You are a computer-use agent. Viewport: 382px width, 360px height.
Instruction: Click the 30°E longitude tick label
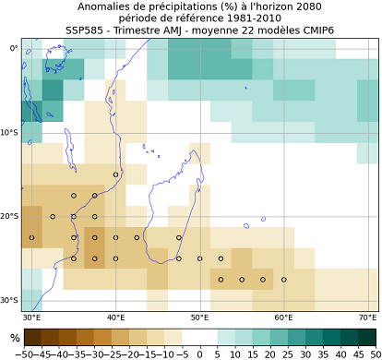pos(31,318)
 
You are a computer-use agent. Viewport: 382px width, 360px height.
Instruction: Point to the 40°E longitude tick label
pos(115,318)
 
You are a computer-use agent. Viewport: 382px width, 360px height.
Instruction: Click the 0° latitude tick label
pos(12,48)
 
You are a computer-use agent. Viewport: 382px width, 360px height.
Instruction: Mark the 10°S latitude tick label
pos(9,132)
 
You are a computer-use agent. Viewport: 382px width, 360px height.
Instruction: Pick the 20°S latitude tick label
pos(9,216)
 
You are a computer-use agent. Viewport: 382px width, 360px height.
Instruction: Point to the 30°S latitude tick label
pos(9,300)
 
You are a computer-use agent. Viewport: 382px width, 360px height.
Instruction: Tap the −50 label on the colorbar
pos(23,353)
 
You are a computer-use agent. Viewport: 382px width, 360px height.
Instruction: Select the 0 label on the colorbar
pos(200,353)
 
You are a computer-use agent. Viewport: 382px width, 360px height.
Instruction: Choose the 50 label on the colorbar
pos(372,353)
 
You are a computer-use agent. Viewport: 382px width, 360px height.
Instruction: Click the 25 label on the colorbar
pos(287,353)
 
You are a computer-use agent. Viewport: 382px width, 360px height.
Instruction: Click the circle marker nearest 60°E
pos(283,279)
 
